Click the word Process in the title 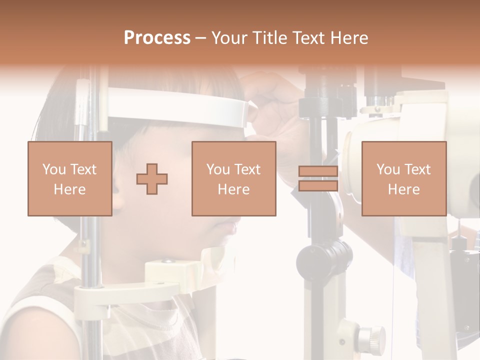click(x=157, y=38)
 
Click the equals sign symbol click(x=318, y=179)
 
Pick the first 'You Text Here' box click(x=69, y=179)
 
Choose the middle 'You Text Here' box click(x=233, y=179)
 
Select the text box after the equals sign click(x=403, y=179)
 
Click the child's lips click(x=231, y=228)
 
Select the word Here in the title click(x=349, y=38)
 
